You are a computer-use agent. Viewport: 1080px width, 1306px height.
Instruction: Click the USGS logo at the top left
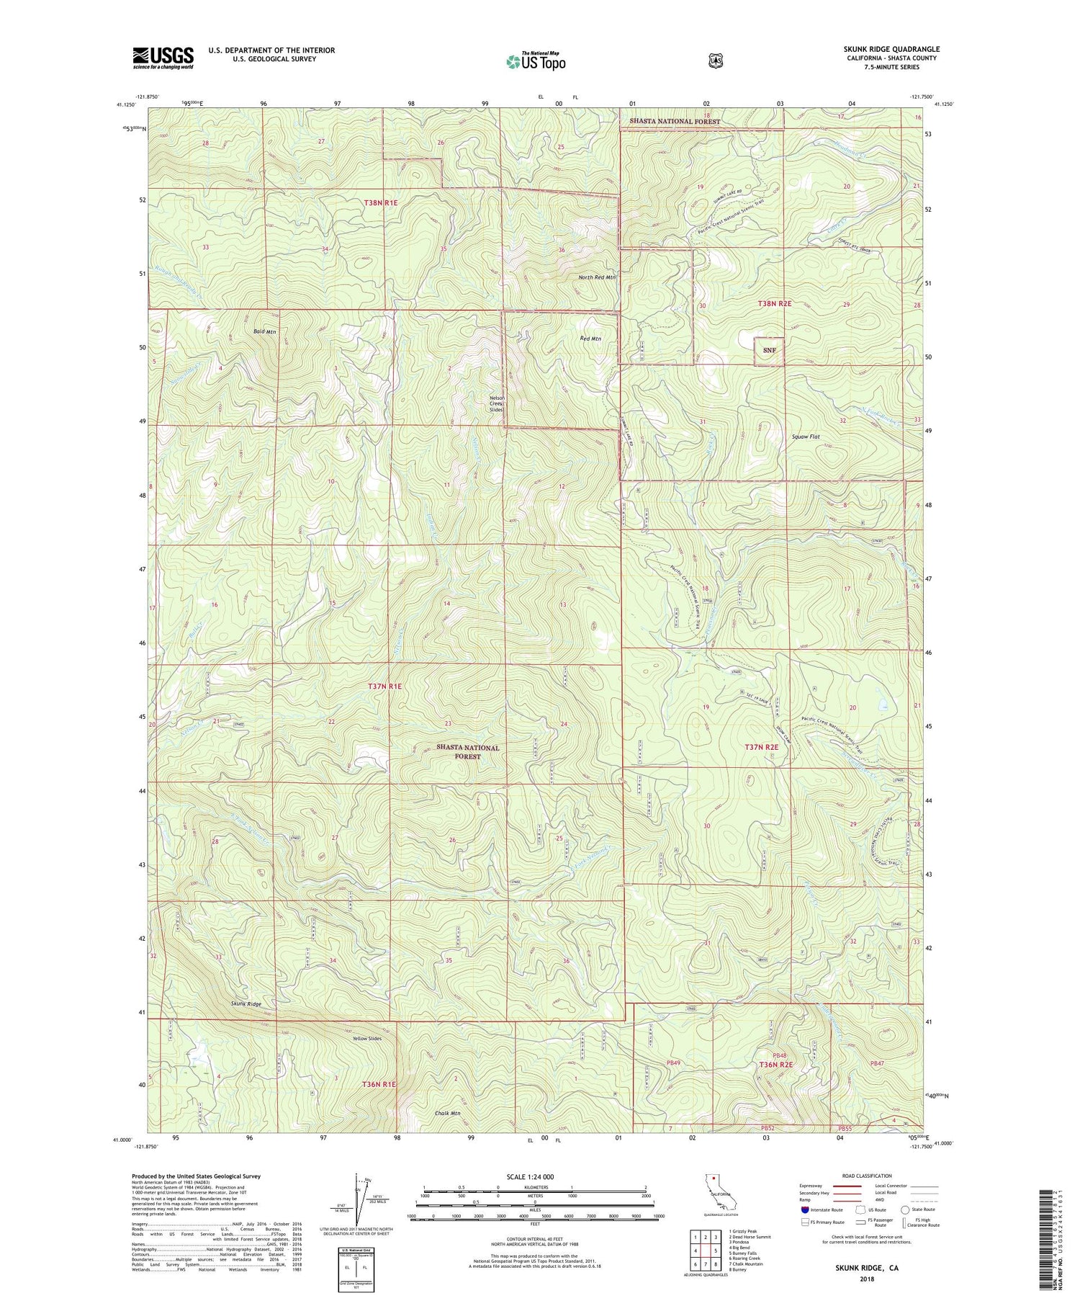pyautogui.click(x=163, y=58)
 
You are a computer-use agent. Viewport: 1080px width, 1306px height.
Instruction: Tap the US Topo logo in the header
pyautogui.click(x=536, y=61)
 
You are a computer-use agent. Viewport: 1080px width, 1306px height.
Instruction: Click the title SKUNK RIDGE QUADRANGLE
pyautogui.click(x=891, y=49)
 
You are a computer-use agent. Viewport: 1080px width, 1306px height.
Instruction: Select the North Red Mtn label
pyautogui.click(x=597, y=277)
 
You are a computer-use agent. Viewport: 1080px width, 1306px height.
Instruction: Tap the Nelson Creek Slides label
pyautogui.click(x=497, y=404)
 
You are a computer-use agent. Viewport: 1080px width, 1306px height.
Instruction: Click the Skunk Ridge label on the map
pyautogui.click(x=246, y=1003)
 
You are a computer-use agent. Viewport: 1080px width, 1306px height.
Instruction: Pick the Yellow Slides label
pyautogui.click(x=367, y=1038)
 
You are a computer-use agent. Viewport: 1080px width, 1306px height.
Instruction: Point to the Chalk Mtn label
pyautogui.click(x=447, y=1113)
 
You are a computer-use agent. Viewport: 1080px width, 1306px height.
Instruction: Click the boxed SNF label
pyautogui.click(x=769, y=351)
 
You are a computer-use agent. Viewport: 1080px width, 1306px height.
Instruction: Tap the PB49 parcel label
pyautogui.click(x=673, y=1063)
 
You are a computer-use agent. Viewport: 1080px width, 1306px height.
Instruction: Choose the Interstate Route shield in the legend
pyautogui.click(x=805, y=1209)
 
